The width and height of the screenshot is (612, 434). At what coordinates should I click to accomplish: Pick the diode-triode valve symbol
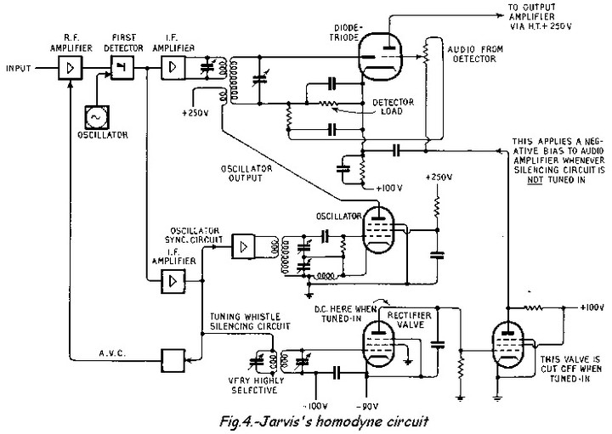pos(377,59)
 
